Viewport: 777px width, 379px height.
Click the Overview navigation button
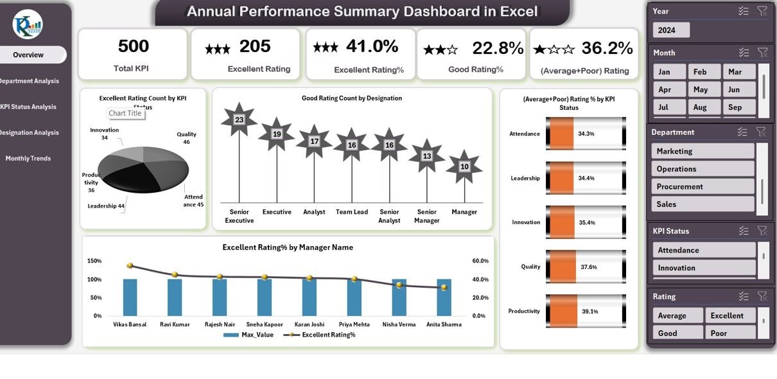point(30,55)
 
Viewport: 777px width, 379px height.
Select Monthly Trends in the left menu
point(28,158)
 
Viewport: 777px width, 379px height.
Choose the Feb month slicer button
point(700,72)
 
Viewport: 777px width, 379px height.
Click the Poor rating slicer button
point(719,333)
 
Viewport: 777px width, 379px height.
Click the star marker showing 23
point(239,119)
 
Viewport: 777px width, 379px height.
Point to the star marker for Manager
point(464,166)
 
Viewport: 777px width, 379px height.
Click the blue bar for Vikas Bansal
point(130,297)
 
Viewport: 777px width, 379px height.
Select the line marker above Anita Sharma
point(444,288)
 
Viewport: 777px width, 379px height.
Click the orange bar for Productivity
point(563,311)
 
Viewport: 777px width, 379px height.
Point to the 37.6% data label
point(588,267)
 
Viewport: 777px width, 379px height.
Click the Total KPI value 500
point(133,46)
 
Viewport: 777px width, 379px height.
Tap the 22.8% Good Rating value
point(498,48)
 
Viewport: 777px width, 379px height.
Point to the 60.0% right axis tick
point(480,261)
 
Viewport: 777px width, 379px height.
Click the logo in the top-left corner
point(28,24)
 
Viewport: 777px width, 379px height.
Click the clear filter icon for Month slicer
point(762,53)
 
